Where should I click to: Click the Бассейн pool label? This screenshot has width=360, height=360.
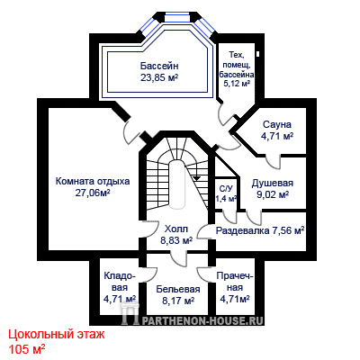[x=159, y=66]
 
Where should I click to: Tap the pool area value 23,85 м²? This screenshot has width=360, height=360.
[x=159, y=77]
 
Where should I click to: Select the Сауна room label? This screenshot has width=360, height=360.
[x=277, y=124]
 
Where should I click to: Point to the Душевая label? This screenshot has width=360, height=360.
[x=273, y=183]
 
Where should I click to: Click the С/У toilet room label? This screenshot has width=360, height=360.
[x=226, y=189]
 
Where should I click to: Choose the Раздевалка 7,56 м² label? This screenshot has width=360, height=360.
[x=260, y=230]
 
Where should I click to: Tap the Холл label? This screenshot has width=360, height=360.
[x=176, y=229]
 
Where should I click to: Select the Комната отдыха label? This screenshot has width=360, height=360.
[x=93, y=182]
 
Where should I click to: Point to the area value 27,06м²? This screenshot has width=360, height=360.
[x=93, y=193]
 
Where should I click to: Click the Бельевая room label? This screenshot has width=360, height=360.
[x=178, y=289]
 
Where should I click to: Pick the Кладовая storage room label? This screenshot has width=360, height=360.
[x=120, y=282]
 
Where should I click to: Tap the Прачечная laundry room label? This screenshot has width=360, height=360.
[x=235, y=282]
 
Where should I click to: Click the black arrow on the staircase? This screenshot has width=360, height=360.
[x=197, y=177]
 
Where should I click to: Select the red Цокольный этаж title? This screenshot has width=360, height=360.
[x=57, y=335]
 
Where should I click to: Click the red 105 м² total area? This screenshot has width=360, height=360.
[x=27, y=349]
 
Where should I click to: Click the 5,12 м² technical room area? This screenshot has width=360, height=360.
[x=237, y=83]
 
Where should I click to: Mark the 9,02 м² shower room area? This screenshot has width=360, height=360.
[x=273, y=194]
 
